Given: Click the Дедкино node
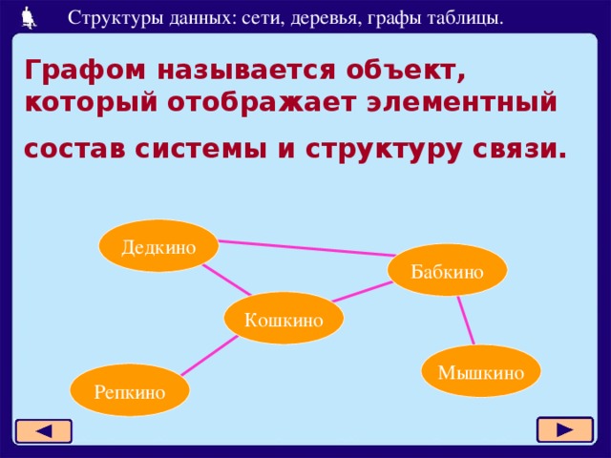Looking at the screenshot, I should click(x=158, y=246).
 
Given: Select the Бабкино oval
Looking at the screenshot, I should click(x=447, y=271).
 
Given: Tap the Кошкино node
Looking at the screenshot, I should click(x=284, y=319).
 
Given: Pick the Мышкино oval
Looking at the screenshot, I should click(x=481, y=371).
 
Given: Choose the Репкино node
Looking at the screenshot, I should click(x=130, y=390).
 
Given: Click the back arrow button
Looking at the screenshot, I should click(x=44, y=431).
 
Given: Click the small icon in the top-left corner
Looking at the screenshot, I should click(x=29, y=15).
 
